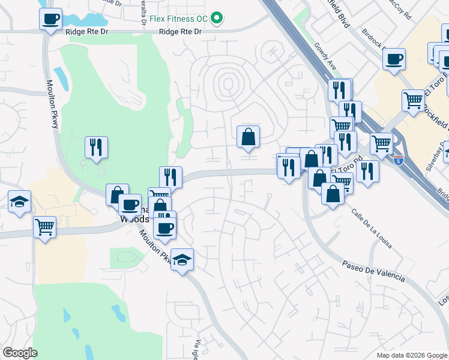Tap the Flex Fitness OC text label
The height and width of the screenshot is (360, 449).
pos(179,18)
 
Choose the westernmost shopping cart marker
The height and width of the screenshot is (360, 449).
pos(44,228)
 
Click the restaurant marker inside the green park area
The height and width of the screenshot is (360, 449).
pos(96,147)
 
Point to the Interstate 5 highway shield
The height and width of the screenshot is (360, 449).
pos(400,160)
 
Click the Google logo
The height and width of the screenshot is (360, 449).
pos(20,353)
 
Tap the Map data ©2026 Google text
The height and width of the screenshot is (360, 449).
pos(411,355)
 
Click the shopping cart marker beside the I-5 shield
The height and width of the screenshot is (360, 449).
pos(381,144)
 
